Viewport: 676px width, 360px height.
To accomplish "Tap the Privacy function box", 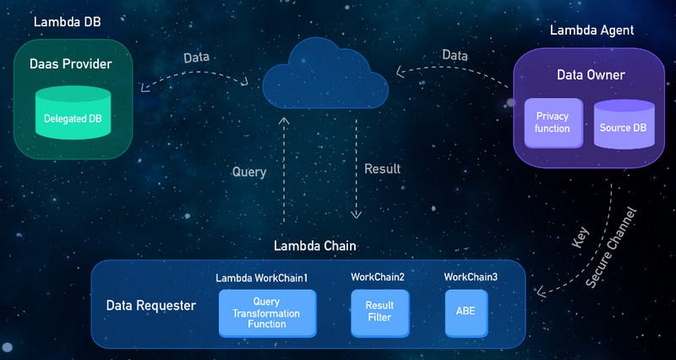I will point(553,123).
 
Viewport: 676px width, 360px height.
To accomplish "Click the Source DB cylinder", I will point(624,125).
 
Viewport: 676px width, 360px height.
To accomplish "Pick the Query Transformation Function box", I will point(267,313).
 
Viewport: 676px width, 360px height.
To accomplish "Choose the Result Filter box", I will point(379,313).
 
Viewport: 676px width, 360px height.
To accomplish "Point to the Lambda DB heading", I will point(67,21).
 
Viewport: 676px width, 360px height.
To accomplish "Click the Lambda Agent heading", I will point(591,30).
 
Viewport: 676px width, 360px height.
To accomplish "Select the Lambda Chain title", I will point(315,246).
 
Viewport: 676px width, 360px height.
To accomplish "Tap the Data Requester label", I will point(150,305).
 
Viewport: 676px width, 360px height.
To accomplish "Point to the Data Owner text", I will point(591,75).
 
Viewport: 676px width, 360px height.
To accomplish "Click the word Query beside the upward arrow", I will point(249,172).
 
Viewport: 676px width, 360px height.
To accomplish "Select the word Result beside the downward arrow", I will point(382,169).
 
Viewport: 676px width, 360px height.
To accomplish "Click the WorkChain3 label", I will point(471,277).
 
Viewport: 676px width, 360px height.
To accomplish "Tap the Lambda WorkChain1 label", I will point(262,277).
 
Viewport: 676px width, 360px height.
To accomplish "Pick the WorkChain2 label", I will point(378,277).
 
